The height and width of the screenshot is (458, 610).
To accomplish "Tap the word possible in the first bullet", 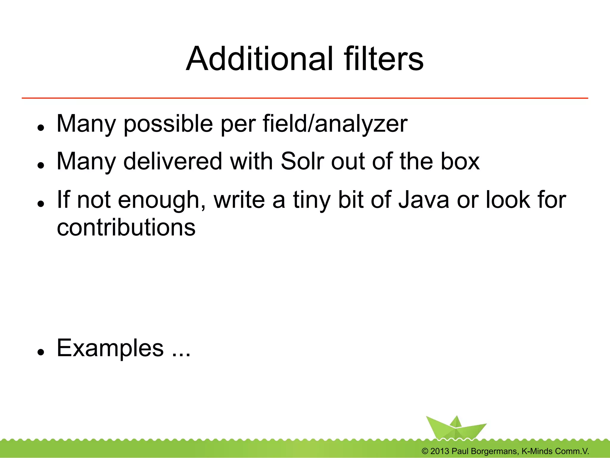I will point(168,124).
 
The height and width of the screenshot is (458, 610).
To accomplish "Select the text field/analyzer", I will point(335,124).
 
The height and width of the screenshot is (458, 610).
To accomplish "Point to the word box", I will point(460,161).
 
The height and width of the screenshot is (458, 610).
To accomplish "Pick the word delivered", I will point(173,161).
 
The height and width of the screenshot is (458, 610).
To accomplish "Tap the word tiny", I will point(312,200).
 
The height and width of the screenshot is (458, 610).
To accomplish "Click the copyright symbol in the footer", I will point(425,451).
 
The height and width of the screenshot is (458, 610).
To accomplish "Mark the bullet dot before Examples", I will point(41,352).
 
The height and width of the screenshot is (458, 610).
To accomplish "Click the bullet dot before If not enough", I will point(41,204).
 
